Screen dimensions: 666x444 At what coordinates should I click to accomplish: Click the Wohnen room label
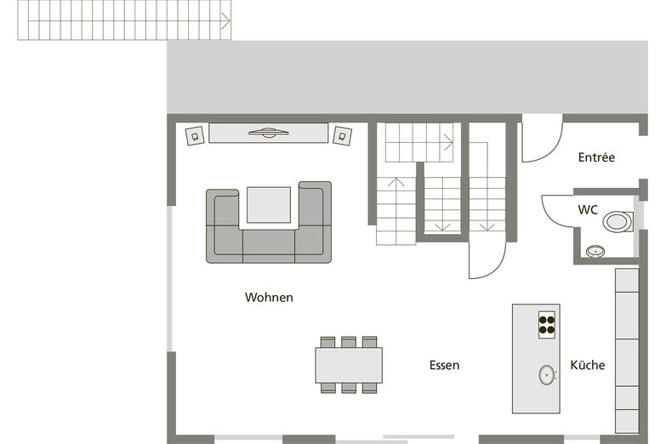(x=269, y=297)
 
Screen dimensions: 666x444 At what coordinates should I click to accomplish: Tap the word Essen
(x=444, y=365)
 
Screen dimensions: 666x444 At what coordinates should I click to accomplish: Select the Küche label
(x=588, y=365)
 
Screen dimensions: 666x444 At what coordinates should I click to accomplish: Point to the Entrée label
(x=596, y=157)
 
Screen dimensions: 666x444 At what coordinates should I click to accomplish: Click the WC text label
(x=588, y=209)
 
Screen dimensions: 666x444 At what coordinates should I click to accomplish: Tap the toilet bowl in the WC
(x=618, y=222)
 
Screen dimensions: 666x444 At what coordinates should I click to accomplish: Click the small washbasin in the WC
(x=595, y=252)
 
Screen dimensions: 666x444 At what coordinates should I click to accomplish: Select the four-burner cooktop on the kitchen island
(x=547, y=325)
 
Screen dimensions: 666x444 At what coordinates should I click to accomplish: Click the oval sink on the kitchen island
(x=547, y=375)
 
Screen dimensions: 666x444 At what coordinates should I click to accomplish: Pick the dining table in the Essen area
(x=349, y=366)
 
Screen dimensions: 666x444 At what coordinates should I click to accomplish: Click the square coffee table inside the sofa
(x=269, y=205)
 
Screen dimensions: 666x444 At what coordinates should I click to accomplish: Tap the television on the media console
(x=269, y=133)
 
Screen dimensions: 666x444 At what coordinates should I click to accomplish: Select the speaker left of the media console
(x=195, y=136)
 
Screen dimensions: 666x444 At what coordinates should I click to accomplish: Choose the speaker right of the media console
(x=342, y=135)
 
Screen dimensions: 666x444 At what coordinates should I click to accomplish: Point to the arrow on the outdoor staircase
(x=225, y=20)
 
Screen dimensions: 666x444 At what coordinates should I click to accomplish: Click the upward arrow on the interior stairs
(x=396, y=182)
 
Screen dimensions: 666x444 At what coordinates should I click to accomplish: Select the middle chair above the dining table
(x=349, y=342)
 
